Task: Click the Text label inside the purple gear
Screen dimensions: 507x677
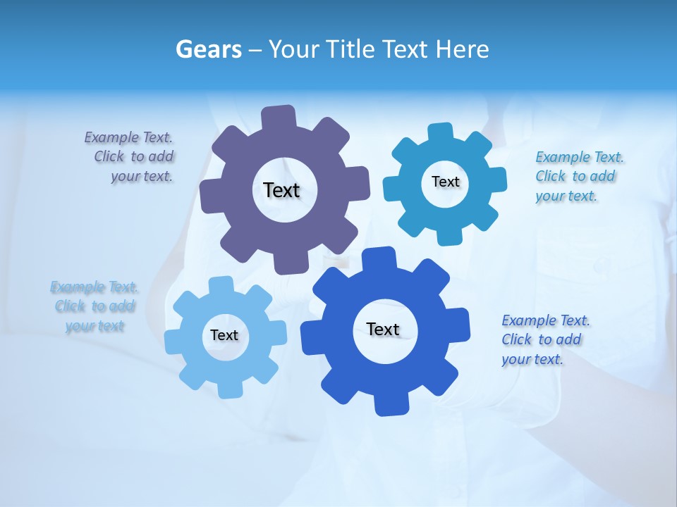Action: click(281, 190)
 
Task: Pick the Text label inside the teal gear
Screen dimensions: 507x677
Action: click(445, 182)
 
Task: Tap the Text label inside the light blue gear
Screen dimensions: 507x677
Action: click(224, 335)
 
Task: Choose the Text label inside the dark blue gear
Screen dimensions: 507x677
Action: click(383, 329)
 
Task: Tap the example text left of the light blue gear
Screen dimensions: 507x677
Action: click(94, 306)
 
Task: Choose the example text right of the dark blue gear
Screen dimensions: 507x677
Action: click(544, 340)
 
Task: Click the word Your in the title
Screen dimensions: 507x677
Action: click(291, 49)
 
